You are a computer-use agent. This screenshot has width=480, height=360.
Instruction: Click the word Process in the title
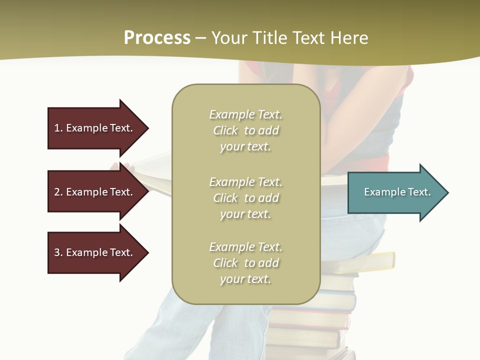coord(157,38)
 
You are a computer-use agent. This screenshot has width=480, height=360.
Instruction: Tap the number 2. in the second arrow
coord(58,192)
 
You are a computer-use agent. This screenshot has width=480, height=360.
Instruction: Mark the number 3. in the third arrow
coord(58,252)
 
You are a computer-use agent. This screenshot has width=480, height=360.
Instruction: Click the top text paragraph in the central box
coord(245,130)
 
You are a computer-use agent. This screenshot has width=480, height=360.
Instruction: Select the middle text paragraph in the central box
coord(245,198)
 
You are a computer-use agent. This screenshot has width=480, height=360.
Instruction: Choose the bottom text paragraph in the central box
coord(245,263)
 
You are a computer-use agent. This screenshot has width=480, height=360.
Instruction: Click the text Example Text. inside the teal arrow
coord(397,192)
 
